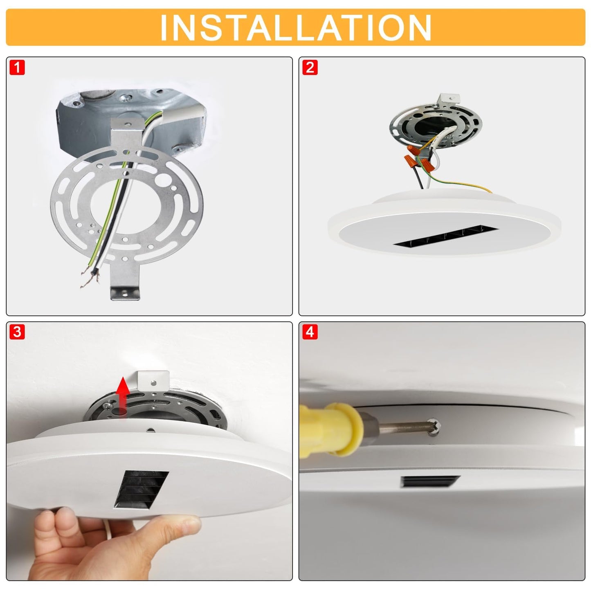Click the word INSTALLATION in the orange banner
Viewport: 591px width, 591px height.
click(x=295, y=27)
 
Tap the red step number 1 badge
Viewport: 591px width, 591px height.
click(x=17, y=67)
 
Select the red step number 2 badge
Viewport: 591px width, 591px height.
click(x=310, y=67)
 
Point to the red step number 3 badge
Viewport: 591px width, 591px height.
click(x=17, y=332)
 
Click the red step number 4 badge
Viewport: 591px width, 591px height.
click(x=310, y=332)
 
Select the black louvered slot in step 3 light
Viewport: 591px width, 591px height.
click(x=142, y=489)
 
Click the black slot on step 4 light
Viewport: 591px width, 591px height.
click(x=430, y=482)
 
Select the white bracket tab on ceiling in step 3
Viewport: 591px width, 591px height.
click(x=153, y=380)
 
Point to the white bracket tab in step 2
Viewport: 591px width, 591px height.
click(x=450, y=99)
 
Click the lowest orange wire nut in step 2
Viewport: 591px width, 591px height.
click(x=427, y=165)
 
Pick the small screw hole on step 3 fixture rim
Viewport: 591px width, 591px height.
click(x=150, y=430)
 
